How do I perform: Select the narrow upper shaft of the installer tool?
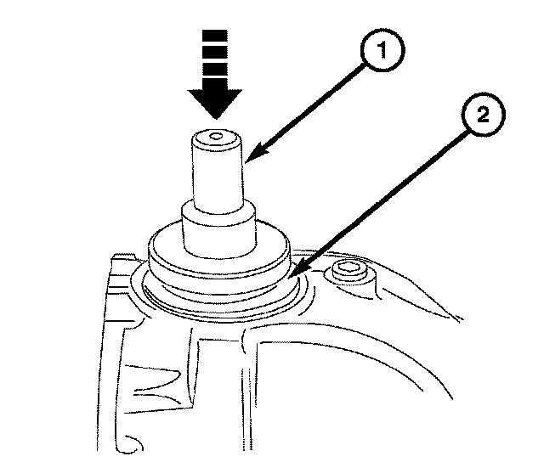pyautogui.click(x=218, y=174)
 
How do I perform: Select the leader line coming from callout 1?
pyautogui.click(x=306, y=110)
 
